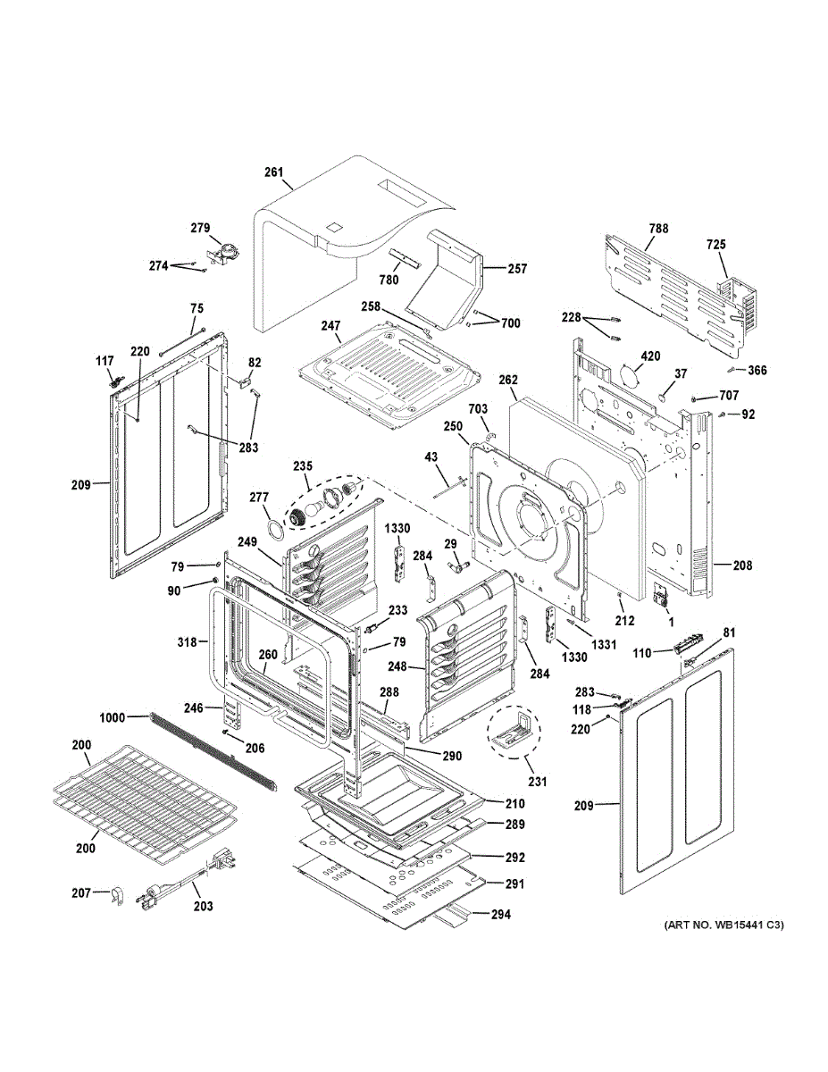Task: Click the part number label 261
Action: [x=273, y=172]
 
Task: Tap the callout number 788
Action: [x=658, y=229]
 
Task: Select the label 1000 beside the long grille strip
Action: [x=113, y=717]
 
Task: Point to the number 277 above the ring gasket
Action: [x=259, y=497]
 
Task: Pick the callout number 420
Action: [x=650, y=356]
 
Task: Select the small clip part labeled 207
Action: [x=116, y=895]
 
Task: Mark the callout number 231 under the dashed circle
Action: [x=538, y=782]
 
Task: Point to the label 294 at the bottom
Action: [x=500, y=914]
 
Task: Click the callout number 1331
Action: [x=604, y=644]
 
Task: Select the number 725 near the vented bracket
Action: [x=716, y=244]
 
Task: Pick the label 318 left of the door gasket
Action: [x=187, y=641]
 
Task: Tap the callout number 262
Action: [x=508, y=380]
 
